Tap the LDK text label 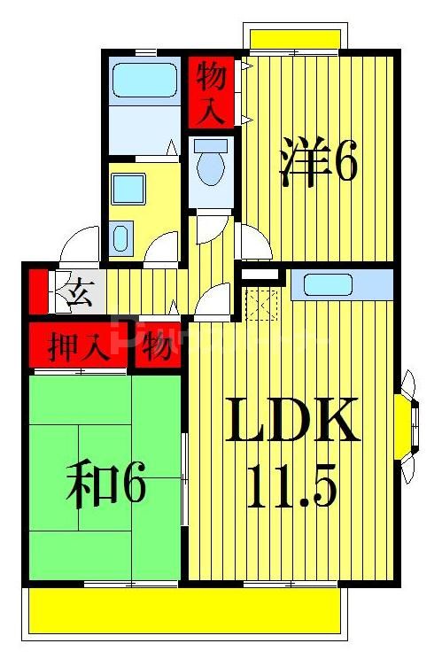click(291, 423)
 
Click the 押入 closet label click(79, 346)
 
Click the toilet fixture click(211, 163)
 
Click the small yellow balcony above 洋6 click(295, 40)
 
